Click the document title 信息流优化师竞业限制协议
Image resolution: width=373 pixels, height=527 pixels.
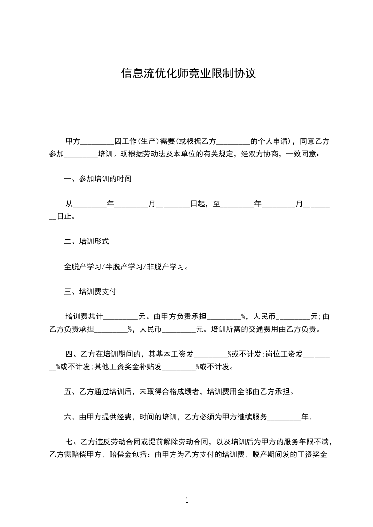tap(188, 74)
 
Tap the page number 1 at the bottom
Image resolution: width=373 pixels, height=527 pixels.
tap(187, 500)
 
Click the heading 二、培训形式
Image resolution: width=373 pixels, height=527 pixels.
tap(87, 242)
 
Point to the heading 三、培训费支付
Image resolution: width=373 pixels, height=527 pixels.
tap(90, 292)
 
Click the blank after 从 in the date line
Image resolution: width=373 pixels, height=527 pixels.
tap(90, 205)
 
